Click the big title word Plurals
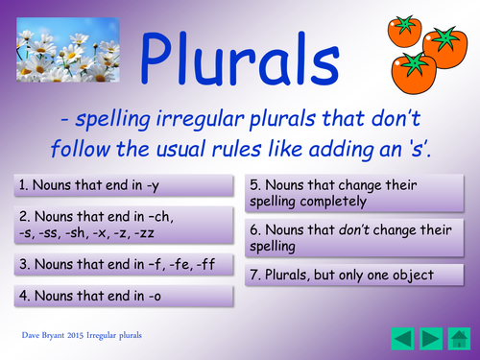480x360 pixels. point(239,59)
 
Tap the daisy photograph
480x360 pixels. point(68,50)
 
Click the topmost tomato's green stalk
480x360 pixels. point(404,24)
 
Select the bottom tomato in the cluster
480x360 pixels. point(414,73)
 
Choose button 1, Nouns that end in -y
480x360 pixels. point(124,185)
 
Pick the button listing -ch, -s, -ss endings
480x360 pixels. point(124,225)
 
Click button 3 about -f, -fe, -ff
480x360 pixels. point(124,264)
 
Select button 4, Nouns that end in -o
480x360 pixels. point(124,296)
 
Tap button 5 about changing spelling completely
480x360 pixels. point(354,193)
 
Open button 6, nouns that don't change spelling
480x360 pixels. point(354,238)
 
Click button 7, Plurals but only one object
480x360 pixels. point(354,275)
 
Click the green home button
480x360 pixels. point(459,339)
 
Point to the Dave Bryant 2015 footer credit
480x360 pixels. point(82,335)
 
